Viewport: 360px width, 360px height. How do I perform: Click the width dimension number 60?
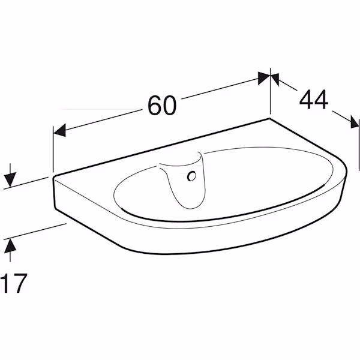click(x=162, y=106)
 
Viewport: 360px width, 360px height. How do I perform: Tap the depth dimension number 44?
click(x=314, y=99)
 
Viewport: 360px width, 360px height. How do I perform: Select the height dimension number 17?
click(x=14, y=283)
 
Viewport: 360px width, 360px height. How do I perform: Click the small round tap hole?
click(x=192, y=176)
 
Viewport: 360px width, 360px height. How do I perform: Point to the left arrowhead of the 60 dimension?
click(x=59, y=130)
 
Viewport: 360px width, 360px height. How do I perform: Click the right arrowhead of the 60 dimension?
click(x=264, y=78)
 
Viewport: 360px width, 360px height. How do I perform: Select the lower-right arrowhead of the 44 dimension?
click(x=355, y=122)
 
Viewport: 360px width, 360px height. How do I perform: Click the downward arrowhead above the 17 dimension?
click(x=10, y=179)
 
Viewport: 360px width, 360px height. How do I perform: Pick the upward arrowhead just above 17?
click(x=10, y=246)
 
